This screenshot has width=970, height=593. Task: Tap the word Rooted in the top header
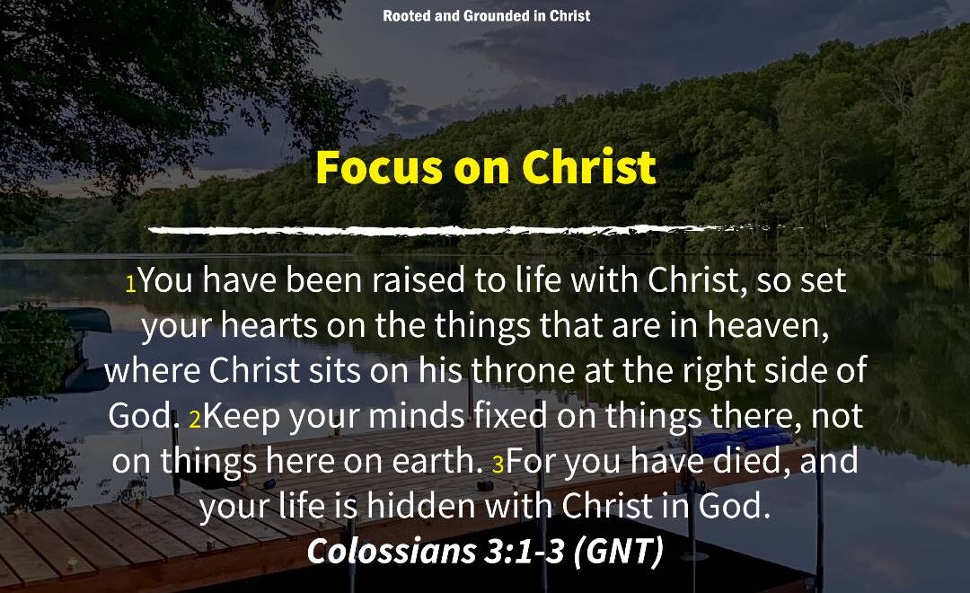coord(407,16)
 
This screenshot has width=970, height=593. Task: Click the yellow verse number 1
coord(130,285)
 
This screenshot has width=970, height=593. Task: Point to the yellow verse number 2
coord(195,420)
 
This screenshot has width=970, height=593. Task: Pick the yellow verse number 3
coord(498,465)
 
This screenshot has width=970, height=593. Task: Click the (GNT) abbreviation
coord(619,551)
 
